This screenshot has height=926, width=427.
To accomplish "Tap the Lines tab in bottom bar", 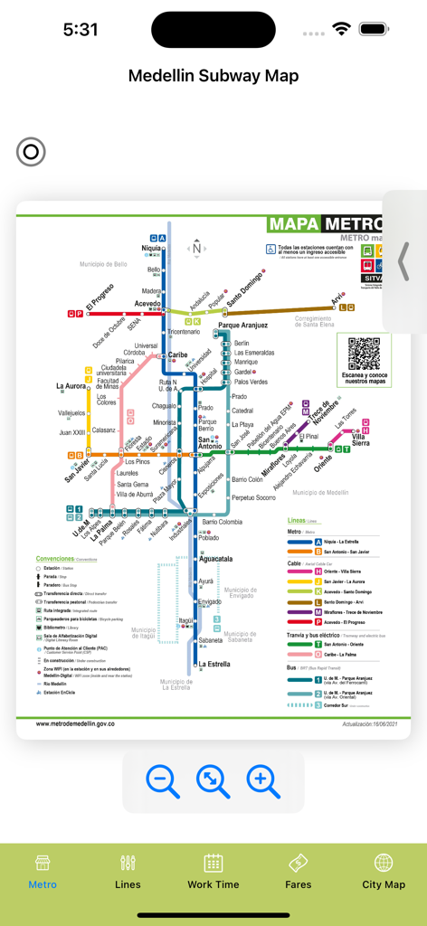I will pyautogui.click(x=128, y=872).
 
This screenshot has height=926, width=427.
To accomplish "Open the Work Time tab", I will pyautogui.click(x=213, y=872).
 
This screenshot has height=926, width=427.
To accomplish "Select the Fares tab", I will pyautogui.click(x=299, y=872).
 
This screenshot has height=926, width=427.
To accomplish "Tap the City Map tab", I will pyautogui.click(x=384, y=872).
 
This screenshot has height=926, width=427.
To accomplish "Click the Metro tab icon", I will pyautogui.click(x=43, y=863).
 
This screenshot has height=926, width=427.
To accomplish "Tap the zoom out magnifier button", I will pyautogui.click(x=164, y=780).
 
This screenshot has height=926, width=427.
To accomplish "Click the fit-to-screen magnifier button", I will pyautogui.click(x=213, y=780).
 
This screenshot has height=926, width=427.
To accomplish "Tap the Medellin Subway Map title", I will pyautogui.click(x=213, y=76).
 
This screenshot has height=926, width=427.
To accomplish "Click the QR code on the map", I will pyautogui.click(x=364, y=354).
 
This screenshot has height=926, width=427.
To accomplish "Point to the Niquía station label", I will pyautogui.click(x=152, y=249).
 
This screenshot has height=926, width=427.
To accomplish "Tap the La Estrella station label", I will pyautogui.click(x=214, y=664).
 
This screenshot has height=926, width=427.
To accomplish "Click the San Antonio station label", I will pyautogui.click(x=210, y=442).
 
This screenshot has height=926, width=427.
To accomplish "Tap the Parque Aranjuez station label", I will pyautogui.click(x=242, y=325).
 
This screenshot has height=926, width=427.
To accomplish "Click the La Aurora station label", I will pyautogui.click(x=71, y=387).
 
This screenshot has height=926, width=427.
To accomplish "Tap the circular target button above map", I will pyautogui.click(x=31, y=152).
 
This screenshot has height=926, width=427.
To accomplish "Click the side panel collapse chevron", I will pyautogui.click(x=403, y=261).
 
